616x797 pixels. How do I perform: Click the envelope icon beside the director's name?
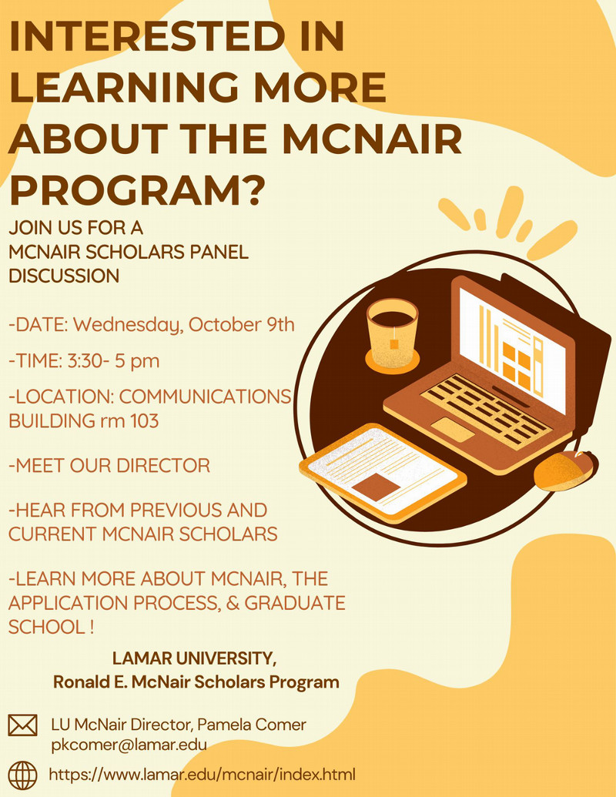22,725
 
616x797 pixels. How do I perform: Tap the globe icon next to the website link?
22,775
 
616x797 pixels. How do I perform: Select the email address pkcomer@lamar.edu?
129,745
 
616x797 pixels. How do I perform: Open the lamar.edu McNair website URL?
203,775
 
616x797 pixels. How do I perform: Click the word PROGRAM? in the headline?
137,190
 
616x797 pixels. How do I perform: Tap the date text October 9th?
242,324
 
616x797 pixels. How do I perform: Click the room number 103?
144,421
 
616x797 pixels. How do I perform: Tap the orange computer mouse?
566,470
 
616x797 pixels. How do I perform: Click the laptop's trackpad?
452,430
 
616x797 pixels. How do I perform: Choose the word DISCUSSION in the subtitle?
64,276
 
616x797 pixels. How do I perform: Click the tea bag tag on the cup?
394,344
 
